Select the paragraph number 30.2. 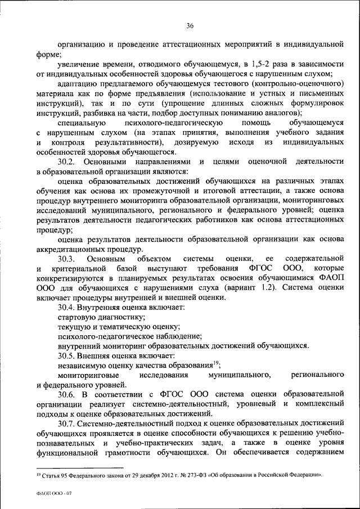coord(67,161)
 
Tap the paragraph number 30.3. coord(67,258)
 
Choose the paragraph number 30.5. coord(67,355)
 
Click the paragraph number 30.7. coord(67,422)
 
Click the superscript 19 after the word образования coord(216,363)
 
